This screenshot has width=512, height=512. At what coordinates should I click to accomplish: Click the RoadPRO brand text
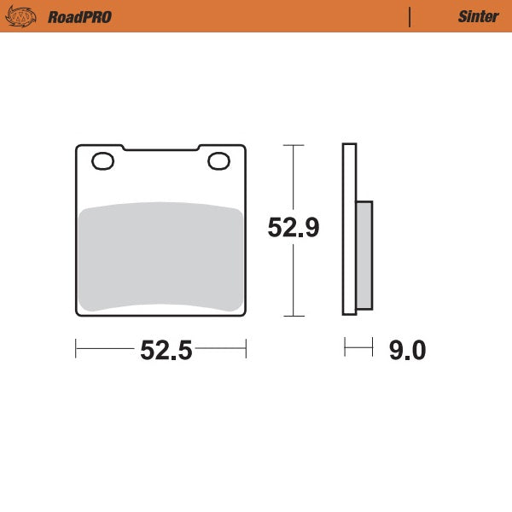(79, 16)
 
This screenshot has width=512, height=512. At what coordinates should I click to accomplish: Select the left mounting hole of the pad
(102, 160)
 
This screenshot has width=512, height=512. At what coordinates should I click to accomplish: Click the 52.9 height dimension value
(293, 228)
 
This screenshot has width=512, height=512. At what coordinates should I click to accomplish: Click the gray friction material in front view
(160, 256)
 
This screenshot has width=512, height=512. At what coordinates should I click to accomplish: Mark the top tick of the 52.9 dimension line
(293, 146)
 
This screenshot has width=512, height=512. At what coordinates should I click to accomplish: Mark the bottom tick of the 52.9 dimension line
(293, 316)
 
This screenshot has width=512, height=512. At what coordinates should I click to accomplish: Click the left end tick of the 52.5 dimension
(76, 348)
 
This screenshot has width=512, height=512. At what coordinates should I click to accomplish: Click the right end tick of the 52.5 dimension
(246, 348)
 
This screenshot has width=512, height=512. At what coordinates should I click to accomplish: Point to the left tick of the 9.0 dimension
(345, 347)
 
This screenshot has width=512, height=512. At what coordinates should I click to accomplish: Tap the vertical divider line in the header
(410, 16)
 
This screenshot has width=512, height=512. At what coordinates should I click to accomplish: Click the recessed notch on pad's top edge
(160, 150)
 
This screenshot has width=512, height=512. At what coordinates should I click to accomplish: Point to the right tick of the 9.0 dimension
(372, 347)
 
